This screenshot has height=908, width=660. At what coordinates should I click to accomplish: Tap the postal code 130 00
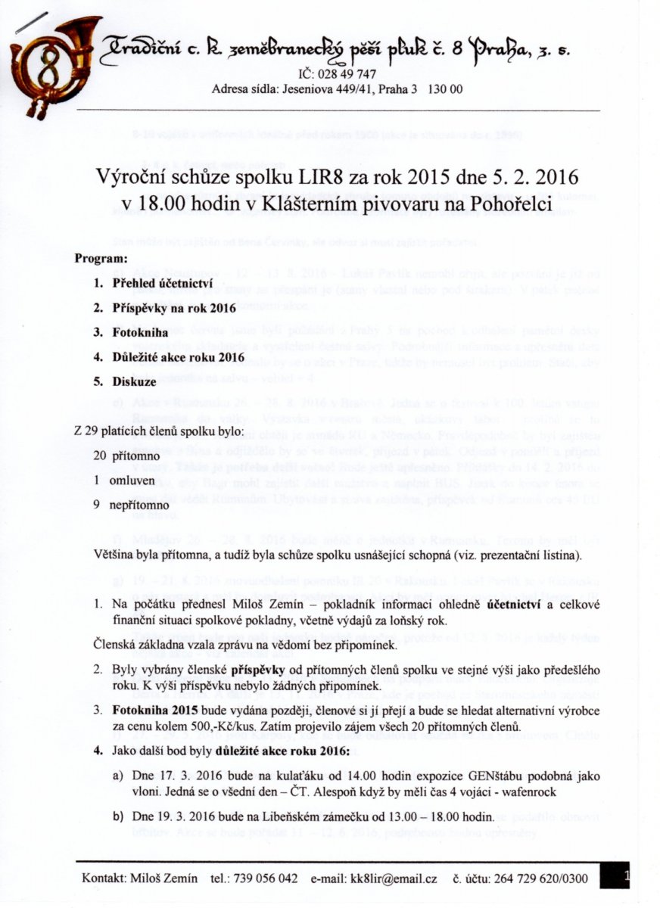click(x=445, y=89)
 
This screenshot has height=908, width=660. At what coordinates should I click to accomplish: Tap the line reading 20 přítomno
click(x=116, y=456)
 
